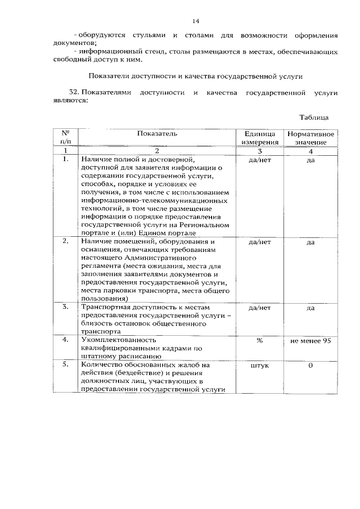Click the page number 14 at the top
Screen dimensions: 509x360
click(x=196, y=21)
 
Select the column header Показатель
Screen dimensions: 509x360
click(x=157, y=133)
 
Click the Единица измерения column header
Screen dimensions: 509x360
click(x=259, y=138)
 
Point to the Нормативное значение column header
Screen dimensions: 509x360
click(x=310, y=138)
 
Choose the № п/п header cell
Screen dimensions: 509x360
click(x=66, y=138)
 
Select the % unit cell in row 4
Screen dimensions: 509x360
click(x=259, y=340)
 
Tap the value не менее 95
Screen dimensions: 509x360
click(x=310, y=340)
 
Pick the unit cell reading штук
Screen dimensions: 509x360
click(x=259, y=365)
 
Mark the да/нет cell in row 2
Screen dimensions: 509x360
click(x=259, y=242)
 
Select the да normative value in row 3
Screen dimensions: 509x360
click(x=310, y=308)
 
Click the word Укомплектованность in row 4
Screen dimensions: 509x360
click(x=118, y=340)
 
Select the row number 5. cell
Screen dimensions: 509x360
click(x=66, y=364)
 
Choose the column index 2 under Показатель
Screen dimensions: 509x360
click(x=157, y=151)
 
